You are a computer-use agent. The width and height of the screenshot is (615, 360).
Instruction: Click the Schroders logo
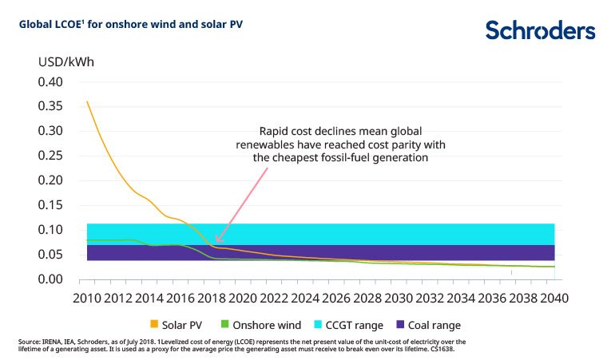(540, 30)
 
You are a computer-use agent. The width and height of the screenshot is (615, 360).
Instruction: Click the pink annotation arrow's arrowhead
(216, 239)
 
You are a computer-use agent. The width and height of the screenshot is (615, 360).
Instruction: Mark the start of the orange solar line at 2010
(86, 101)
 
